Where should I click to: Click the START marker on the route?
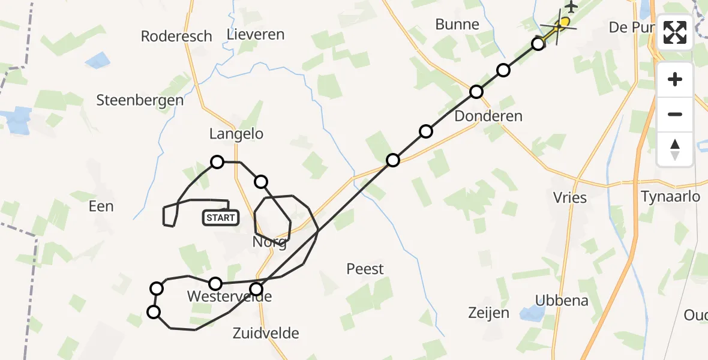pos(221,218)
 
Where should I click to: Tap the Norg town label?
pos(269,243)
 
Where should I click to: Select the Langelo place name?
pos(236,134)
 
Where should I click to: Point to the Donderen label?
pos(488,116)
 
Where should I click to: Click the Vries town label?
pos(570,197)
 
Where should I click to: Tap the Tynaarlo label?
pos(670,196)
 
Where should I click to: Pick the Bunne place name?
pos(458,25)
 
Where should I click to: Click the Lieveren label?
pos(256,34)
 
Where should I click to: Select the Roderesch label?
pos(176,36)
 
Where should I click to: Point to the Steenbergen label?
pos(140,100)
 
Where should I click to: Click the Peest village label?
pos(365,269)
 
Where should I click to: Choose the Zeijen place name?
pos(488,313)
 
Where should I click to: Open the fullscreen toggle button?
pos(675,32)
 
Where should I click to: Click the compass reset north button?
pos(675,148)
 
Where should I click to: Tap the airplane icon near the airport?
pos(571,7)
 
